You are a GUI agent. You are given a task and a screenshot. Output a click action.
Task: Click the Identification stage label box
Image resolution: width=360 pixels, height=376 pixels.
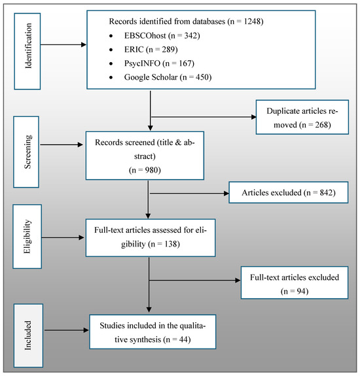pos(27,51)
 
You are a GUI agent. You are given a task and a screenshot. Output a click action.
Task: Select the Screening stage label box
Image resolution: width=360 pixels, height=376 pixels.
pos(26,152)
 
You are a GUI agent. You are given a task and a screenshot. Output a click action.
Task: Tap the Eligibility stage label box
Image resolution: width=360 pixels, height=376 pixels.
pos(27,237)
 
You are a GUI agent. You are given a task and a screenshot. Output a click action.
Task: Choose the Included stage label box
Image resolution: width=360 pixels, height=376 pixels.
pos(28,335)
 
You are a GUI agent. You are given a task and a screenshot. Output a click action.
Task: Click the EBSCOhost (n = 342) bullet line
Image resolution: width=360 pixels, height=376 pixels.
pos(162,36)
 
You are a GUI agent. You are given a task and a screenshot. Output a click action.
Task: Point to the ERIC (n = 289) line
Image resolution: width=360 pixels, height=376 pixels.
pos(151,50)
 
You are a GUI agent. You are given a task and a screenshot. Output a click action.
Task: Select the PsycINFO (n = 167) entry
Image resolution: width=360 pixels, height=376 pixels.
pos(159,63)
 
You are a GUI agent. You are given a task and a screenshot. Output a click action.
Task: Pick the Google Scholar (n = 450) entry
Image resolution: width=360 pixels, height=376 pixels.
pos(168,77)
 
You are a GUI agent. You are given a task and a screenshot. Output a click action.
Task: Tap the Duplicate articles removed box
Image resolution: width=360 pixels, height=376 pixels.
pos(302,117)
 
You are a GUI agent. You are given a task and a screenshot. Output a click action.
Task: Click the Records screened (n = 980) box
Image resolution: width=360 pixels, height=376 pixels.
pos(145,156)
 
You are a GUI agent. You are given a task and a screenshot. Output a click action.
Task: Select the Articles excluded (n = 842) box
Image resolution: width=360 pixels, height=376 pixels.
pos(289,192)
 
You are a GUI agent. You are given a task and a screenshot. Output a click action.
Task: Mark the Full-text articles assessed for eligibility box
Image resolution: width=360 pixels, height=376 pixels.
pos(151,237)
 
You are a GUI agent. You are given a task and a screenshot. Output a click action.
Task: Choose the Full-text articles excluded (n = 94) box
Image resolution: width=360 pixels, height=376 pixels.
pos(295,282)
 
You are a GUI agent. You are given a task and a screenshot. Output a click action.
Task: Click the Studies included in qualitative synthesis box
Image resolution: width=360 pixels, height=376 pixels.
pos(153,332)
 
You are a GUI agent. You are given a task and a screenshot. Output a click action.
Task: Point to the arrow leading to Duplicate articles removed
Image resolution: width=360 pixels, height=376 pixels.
pos(204,117)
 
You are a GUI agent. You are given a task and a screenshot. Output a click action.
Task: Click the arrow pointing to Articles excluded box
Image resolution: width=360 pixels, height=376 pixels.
pos(189,194)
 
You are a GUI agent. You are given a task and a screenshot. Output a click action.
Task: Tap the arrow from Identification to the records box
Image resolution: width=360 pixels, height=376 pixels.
pos(63,44)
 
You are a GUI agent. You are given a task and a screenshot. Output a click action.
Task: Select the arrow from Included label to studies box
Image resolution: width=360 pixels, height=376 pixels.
pos(67,330)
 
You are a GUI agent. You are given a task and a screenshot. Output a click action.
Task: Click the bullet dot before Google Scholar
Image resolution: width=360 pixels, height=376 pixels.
pos(111,77)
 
